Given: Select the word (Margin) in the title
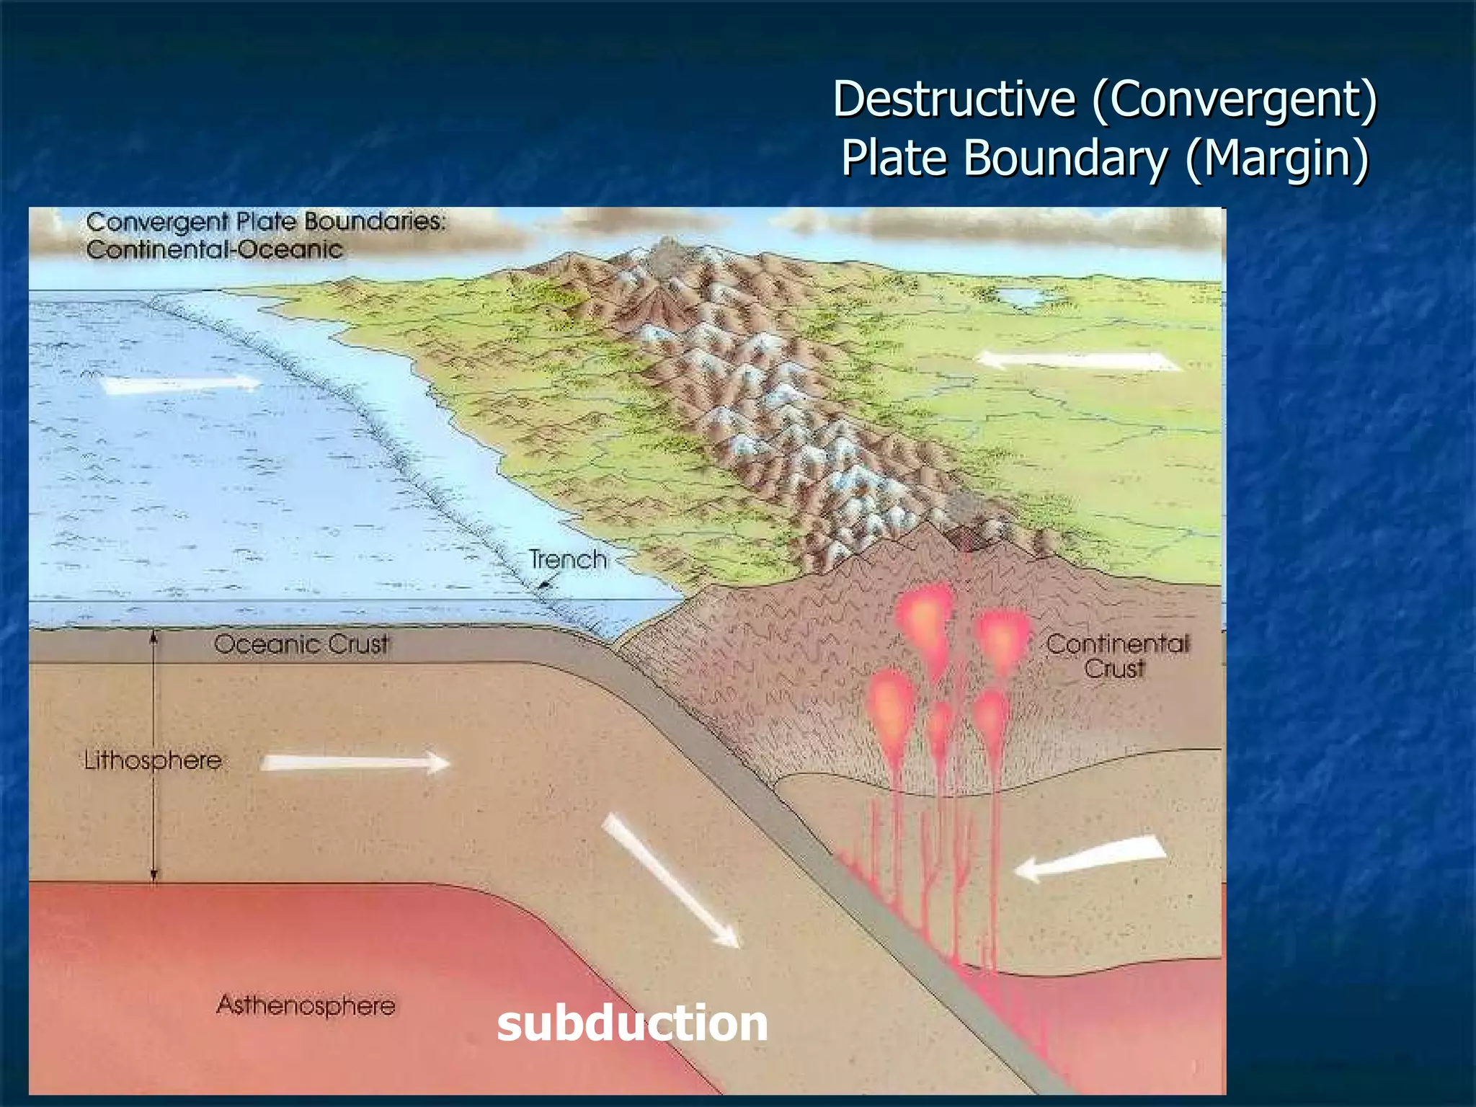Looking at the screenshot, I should pos(1277,158).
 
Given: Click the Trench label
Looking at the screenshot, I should pos(568,560).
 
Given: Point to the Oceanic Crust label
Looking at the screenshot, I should pos(301,644).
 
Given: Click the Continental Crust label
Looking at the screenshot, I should pos(1116,656).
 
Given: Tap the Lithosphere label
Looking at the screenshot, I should pos(153,760).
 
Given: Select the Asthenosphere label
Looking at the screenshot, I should pos(306,1005).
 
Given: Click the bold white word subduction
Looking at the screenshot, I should pos(632,1023).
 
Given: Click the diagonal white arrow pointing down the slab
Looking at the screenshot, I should pos(670,879).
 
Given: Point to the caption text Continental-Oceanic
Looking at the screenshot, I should pos(215,250).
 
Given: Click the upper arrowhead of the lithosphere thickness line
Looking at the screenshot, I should pos(154,636).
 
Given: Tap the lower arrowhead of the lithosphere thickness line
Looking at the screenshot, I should pos(154,875).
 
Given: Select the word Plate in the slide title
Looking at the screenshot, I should pos(894,158).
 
